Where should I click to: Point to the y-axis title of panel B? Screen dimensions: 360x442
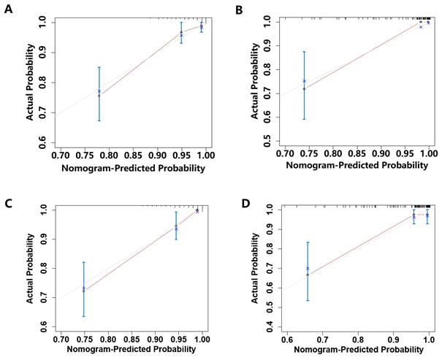coord(254,80)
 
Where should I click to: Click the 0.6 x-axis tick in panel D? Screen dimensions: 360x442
coord(287,340)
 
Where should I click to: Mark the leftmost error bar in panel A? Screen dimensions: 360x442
coord(99,93)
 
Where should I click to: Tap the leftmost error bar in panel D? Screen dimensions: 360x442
coord(308,271)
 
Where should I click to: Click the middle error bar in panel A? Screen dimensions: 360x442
coord(182,32)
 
